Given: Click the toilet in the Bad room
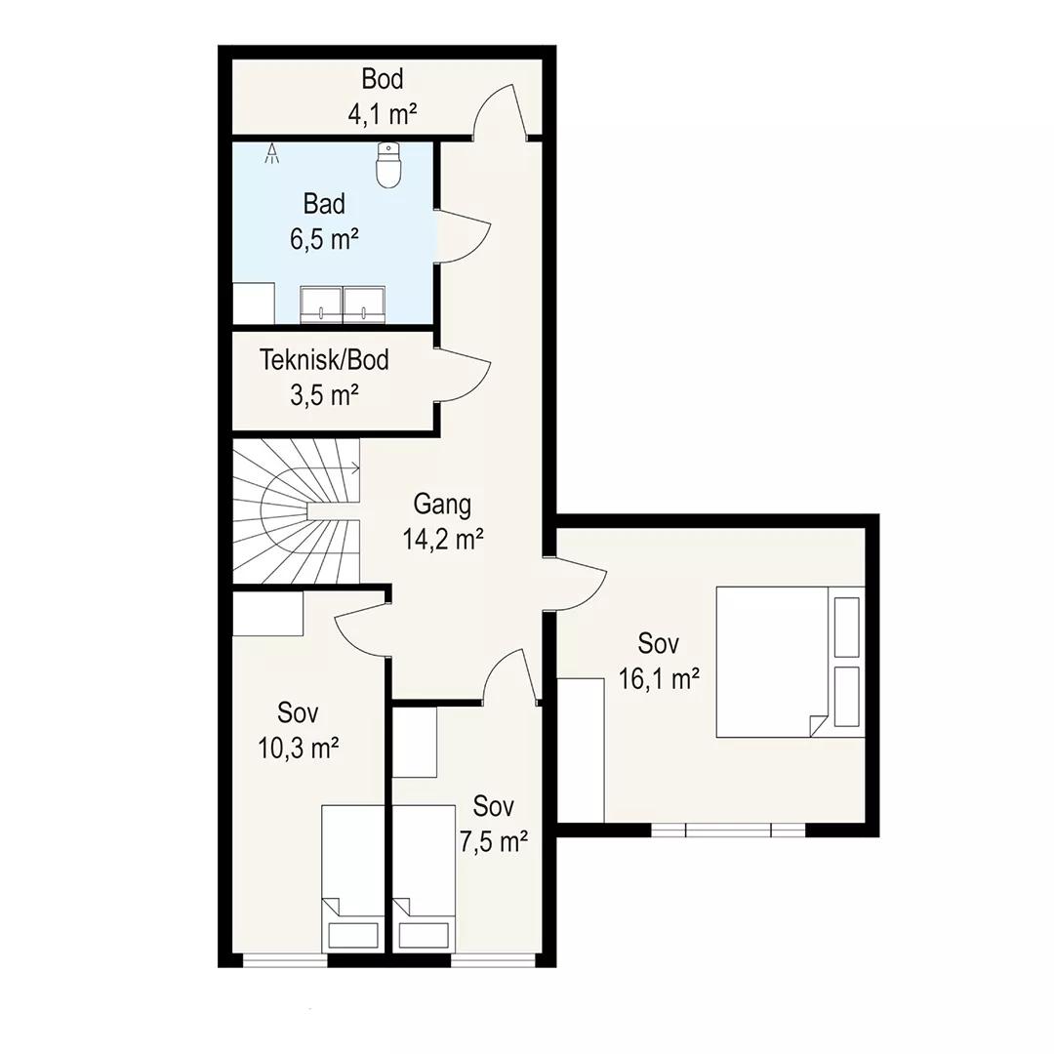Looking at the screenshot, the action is pos(389,165).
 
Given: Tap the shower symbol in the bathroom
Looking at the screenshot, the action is pos(272,153).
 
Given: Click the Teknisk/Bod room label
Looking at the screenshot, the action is pos(324,360).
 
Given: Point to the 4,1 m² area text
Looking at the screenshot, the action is pos(383,114).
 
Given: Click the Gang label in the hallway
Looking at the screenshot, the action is pos(442,504).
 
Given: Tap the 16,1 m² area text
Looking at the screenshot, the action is pos(660,679).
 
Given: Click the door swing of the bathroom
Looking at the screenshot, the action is pos(464,235).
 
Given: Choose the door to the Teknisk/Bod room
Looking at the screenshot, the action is pos(464,375).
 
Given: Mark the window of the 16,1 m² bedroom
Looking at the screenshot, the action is pos(728,831).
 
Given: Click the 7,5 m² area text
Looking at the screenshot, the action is pos(494,841).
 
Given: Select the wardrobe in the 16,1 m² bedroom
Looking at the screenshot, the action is pos(581,750).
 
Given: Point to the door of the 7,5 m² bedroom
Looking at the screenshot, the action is pos(510,675).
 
